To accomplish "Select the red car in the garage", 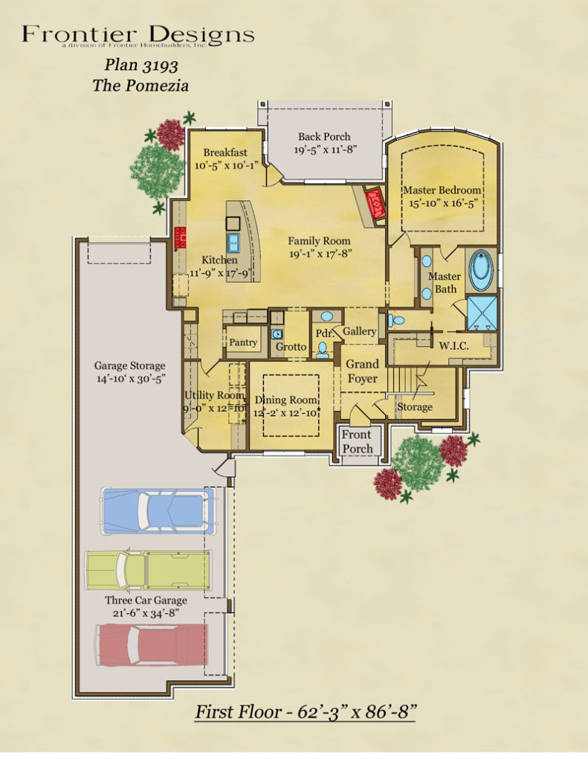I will pos(152,644).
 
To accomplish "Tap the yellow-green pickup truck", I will pos(148,571).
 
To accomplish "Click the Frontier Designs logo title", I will pos(138,34).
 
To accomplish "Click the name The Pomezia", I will pos(140,86).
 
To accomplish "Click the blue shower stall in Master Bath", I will pos(482,313).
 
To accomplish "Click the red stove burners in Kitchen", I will pos(179,237).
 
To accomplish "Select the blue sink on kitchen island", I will pos(233,242).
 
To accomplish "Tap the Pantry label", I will pos(243,343).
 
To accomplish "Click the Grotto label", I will pos(291,347).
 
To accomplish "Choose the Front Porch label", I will pos(358,442).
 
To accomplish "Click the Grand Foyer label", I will pos(363,371).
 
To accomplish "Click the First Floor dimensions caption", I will pos(305,711).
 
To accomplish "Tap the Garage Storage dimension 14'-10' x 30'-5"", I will pos(129,379).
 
